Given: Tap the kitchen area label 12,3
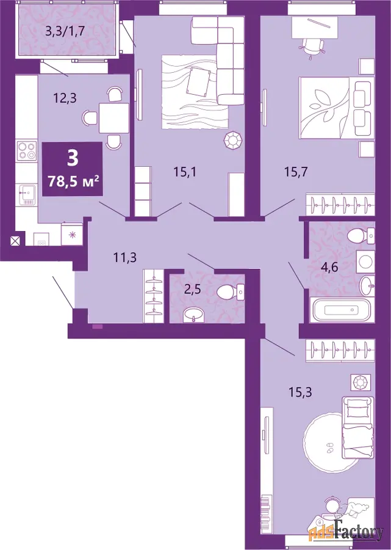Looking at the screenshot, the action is coord(65,98).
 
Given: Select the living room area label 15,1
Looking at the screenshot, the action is coord(185,172).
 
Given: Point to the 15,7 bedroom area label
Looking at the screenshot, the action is coord(296,172).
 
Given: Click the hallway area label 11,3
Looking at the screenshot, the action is coord(124,258).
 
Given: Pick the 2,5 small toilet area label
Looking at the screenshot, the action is coord(195,291).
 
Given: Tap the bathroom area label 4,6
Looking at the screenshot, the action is coord(329,268).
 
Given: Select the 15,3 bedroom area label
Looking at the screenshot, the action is coord(300,392).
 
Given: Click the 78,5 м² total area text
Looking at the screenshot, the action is coord(73,182).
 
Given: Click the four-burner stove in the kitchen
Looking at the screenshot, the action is coord(27,150).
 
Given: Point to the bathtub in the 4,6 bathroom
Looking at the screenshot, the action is coord(341,310).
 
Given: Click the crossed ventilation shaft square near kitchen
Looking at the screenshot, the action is coord(15,241).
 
